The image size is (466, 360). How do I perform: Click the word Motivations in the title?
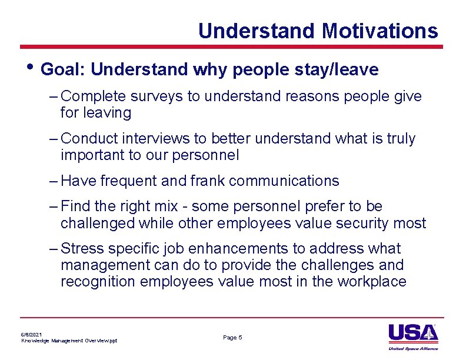tap(380, 31)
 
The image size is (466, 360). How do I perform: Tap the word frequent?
tap(129, 181)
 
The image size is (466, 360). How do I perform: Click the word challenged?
tap(98, 224)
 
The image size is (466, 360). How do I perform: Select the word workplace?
tap(372, 282)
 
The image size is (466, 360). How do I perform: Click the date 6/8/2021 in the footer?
tap(31, 334)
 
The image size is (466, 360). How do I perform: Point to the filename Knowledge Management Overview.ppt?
tap(69, 341)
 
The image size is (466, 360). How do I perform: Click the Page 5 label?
tap(232, 338)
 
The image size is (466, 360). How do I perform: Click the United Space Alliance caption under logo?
tap(413, 348)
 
